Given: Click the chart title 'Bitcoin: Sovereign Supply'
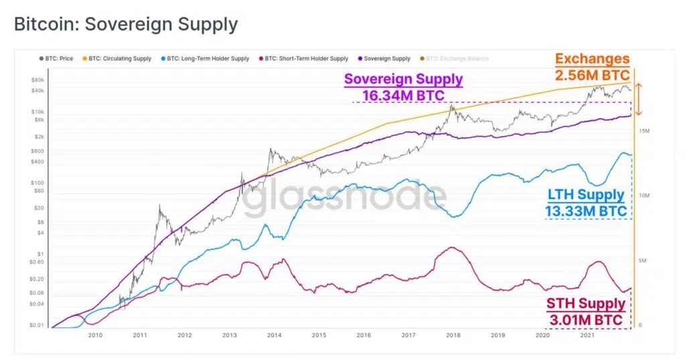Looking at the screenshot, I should pyautogui.click(x=126, y=25).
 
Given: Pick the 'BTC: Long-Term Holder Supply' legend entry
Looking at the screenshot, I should pyautogui.click(x=207, y=59).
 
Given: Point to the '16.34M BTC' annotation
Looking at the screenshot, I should pyautogui.click(x=403, y=95).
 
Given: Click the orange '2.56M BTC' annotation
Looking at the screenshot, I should pyautogui.click(x=591, y=74).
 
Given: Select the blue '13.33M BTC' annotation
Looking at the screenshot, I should pyautogui.click(x=586, y=211).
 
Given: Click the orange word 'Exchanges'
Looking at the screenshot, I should pyautogui.click(x=592, y=59).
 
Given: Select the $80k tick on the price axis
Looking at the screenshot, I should pyautogui.click(x=37, y=80).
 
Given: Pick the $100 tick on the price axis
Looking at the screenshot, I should pyautogui.click(x=38, y=182).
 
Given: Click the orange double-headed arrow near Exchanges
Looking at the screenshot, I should pyautogui.click(x=639, y=99).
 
